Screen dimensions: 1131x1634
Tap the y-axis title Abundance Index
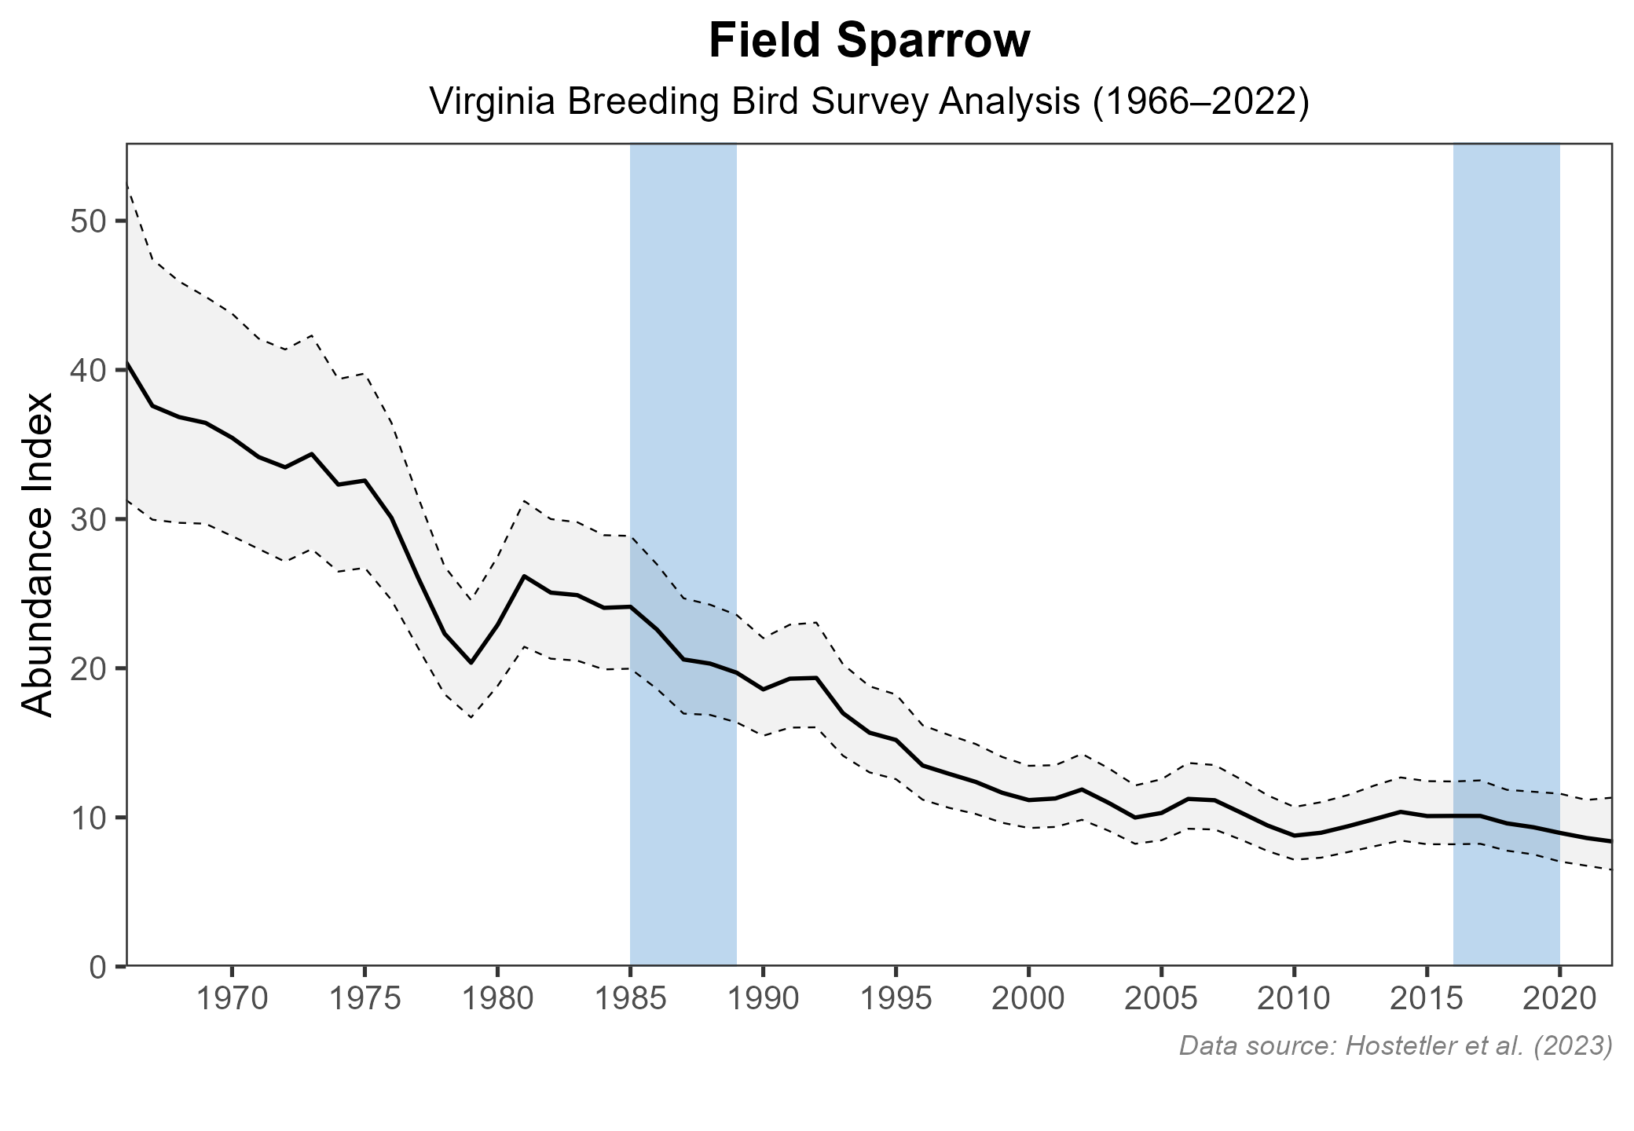click(38, 555)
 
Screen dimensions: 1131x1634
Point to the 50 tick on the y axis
click(87, 221)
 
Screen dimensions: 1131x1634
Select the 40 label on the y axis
click(87, 370)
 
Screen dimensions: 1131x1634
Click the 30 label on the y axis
click(87, 519)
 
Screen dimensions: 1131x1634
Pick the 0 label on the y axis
click(98, 966)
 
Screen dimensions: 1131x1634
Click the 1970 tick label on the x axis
click(233, 1001)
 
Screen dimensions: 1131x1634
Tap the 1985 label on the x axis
click(630, 1001)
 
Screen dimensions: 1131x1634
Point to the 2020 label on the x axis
click(1559, 1001)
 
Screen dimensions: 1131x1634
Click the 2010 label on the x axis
click(1294, 1001)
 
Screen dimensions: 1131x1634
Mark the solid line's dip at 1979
click(471, 663)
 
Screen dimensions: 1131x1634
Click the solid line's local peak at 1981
click(524, 576)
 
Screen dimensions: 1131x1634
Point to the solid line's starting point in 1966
click(128, 362)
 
